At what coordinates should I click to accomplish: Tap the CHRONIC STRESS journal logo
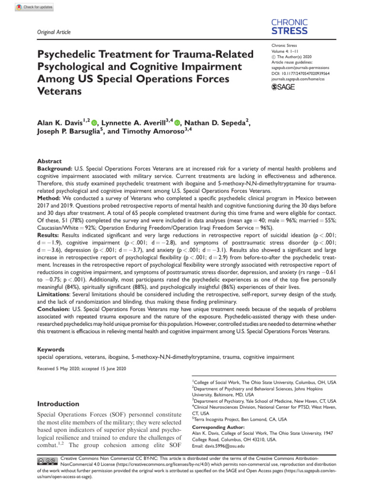pos(289,27)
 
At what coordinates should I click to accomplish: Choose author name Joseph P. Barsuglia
pos(68,133)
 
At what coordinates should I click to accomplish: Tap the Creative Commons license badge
pos(48,461)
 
